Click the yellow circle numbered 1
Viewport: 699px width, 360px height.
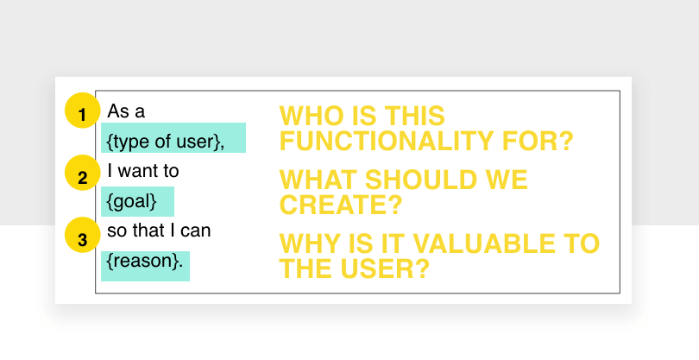[x=83, y=111]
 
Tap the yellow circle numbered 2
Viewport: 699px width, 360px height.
[x=83, y=173]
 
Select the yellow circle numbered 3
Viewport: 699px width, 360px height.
[x=83, y=235]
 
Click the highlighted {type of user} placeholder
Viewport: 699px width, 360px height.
[x=173, y=138]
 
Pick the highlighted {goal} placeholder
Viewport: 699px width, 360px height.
[x=137, y=201]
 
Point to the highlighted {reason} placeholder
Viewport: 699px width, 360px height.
[x=145, y=266]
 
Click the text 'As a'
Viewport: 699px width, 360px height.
[x=126, y=111]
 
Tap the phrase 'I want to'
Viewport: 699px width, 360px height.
[x=143, y=171]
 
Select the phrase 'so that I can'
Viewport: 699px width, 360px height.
[x=159, y=231]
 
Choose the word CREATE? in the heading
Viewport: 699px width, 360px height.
[x=341, y=205]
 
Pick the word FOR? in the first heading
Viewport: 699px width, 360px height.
[x=538, y=141]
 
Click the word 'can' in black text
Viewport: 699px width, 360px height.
[x=196, y=231]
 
